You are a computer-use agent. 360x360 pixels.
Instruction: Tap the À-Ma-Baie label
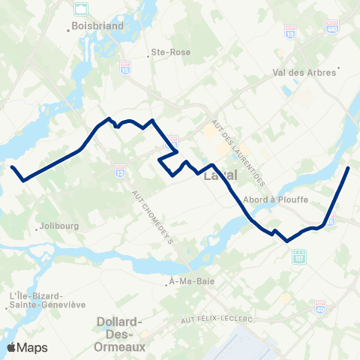pos(183,283)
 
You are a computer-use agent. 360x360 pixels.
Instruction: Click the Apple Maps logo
pos(27,347)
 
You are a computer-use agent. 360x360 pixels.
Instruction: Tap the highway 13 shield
pos(120,172)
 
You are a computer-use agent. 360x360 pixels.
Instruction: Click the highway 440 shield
pos(331,27)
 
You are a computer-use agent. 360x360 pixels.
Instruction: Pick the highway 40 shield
pos(320,307)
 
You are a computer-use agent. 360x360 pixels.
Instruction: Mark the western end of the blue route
pos(12,166)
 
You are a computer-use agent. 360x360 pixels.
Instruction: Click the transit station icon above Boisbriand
pos(79,10)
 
